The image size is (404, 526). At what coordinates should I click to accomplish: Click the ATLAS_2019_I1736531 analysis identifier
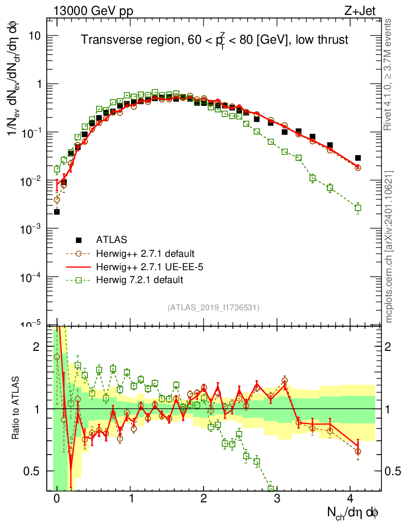point(213,308)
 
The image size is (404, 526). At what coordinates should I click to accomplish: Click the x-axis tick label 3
point(277,500)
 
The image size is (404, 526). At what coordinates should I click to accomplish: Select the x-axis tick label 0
point(57,500)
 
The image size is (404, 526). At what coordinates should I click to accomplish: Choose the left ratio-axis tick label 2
point(36,347)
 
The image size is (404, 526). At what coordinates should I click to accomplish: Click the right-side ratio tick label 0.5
point(394,471)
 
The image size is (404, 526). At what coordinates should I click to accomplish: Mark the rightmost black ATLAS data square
point(358,158)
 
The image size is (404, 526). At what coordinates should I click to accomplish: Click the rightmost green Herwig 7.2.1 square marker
point(358,208)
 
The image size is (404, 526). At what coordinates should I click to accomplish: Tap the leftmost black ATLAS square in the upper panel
point(57,212)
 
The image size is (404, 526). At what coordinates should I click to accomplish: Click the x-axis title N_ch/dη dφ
point(355,513)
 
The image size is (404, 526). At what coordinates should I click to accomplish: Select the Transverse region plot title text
point(215,40)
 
